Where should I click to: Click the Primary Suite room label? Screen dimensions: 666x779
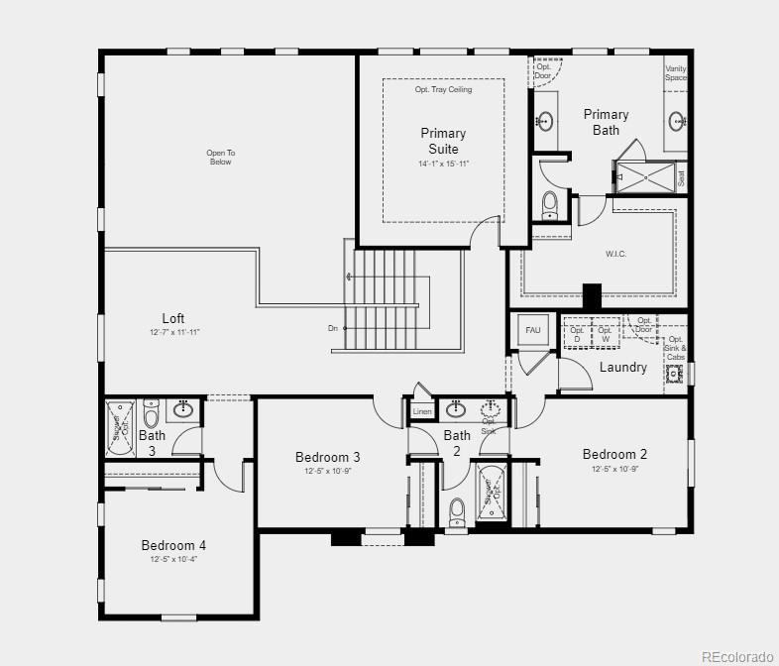coord(443,141)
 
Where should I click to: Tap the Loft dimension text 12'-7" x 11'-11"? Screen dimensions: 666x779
coord(173,333)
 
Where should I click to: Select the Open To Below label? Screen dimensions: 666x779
coord(220,157)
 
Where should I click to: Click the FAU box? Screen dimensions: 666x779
coord(532,330)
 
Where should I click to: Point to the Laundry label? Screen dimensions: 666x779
coord(623,367)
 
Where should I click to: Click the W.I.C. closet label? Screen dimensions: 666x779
coord(615,254)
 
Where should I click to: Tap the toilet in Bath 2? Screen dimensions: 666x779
coord(457,511)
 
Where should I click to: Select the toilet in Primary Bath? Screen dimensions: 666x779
coord(550,205)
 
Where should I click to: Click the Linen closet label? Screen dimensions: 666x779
coord(421,410)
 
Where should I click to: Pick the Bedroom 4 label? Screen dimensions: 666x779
coord(173,545)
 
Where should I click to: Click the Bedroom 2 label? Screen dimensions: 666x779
coord(614,454)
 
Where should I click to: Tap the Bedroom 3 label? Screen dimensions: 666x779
coord(327,457)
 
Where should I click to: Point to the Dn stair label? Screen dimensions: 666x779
coord(333,328)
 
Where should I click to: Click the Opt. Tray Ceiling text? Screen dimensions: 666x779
coord(443,89)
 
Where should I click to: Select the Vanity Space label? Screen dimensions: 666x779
coord(675,72)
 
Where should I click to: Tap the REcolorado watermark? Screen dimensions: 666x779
coord(736,655)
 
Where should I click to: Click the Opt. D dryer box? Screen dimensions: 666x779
coord(577,334)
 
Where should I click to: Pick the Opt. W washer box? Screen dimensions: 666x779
coord(605,334)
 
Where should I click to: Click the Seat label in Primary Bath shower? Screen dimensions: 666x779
coord(681,178)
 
